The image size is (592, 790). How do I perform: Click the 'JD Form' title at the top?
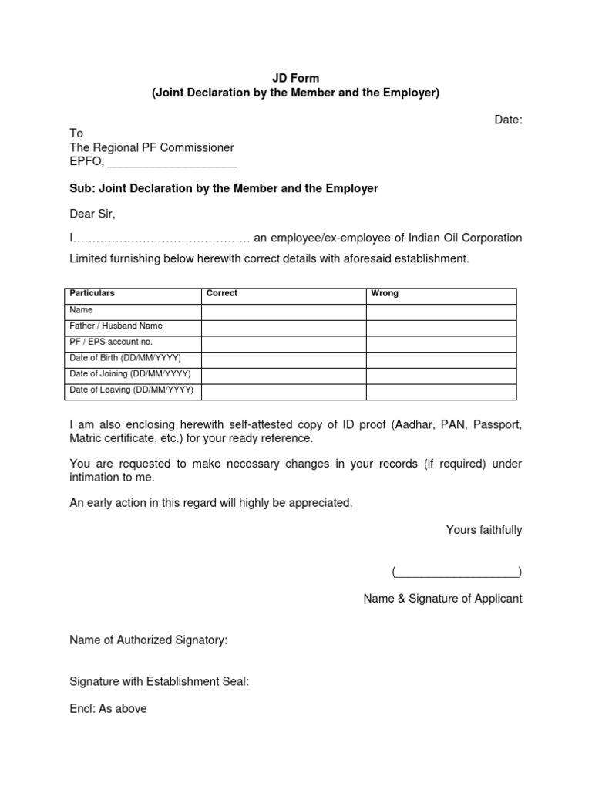[x=295, y=78]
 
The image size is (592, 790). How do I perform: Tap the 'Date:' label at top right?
[x=508, y=119]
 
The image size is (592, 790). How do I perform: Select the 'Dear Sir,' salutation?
[x=92, y=213]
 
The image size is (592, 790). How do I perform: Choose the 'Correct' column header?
[x=222, y=293]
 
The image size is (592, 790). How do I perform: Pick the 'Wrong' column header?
[x=385, y=293]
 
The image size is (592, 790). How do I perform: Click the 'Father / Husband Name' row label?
[x=116, y=326]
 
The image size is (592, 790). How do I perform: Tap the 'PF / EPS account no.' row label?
[x=111, y=342]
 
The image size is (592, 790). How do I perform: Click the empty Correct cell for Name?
[x=283, y=310]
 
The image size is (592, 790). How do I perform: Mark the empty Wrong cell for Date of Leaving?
[x=440, y=390]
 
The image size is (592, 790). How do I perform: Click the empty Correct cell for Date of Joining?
[x=283, y=374]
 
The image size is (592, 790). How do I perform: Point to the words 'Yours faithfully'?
[x=483, y=529]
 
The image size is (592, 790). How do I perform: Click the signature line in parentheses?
[x=456, y=572]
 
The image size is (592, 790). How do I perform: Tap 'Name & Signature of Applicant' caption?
[x=442, y=598]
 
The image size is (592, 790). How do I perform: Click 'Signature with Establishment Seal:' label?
[x=159, y=682]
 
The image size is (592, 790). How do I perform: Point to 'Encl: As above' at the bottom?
[x=108, y=708]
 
